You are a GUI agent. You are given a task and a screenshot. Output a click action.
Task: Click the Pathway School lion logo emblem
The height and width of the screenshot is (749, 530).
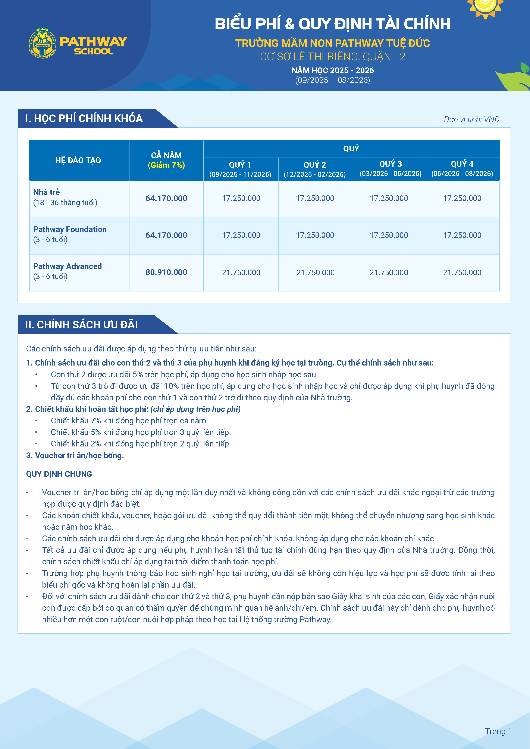(x=43, y=43)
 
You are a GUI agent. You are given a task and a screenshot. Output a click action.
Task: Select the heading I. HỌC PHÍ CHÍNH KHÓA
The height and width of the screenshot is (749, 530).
(x=84, y=118)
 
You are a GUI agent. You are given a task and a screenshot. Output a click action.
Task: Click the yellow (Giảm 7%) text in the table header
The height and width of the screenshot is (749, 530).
(x=166, y=165)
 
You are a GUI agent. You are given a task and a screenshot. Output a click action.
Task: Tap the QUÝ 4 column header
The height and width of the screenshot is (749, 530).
(x=462, y=168)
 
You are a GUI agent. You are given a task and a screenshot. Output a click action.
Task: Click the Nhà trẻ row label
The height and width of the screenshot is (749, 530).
(x=46, y=192)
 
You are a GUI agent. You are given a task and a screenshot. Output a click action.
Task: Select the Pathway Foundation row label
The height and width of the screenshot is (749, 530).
(x=70, y=229)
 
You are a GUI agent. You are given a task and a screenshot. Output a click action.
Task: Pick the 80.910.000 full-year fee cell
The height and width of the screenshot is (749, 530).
(x=166, y=272)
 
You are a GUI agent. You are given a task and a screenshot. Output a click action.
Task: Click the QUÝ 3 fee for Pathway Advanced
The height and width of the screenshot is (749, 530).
(x=389, y=272)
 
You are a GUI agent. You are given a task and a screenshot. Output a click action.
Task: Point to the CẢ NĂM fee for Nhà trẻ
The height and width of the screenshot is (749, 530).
(x=166, y=198)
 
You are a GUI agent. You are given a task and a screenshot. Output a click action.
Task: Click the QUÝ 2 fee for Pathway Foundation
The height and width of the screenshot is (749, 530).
(x=315, y=235)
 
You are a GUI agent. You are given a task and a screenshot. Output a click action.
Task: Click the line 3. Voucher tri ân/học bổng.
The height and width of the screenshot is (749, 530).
(x=75, y=455)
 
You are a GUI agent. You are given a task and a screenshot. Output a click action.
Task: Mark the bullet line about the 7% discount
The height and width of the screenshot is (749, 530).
(x=129, y=421)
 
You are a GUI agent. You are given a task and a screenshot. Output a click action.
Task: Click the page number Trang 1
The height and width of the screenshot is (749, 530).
(x=498, y=731)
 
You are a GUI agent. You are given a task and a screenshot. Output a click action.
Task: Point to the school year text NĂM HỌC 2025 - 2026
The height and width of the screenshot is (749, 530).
(x=333, y=70)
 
